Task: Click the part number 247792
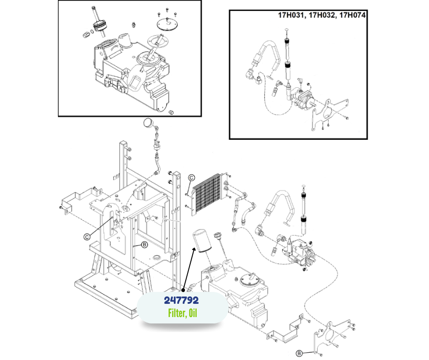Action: tap(182, 302)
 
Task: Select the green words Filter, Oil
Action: tap(182, 314)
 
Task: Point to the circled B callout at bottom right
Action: tap(299, 353)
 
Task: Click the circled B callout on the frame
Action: tap(145, 245)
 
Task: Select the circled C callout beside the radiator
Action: tap(192, 178)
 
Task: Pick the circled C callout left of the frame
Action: tap(86, 237)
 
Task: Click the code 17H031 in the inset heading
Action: tap(292, 15)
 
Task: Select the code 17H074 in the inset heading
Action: tap(353, 15)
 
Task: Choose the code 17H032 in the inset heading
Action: tap(322, 15)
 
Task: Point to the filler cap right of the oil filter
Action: tap(218, 237)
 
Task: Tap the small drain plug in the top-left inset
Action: tap(173, 112)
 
